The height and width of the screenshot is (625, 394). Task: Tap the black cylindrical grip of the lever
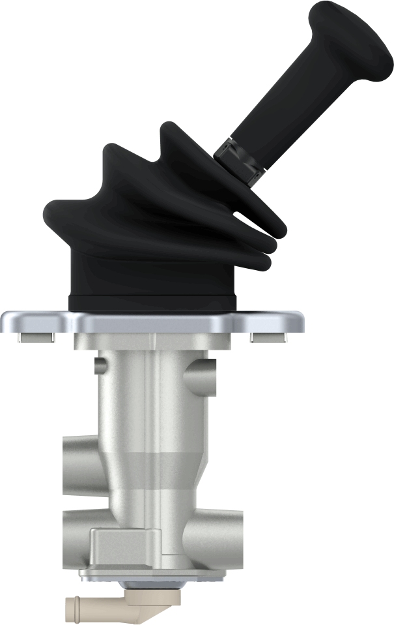click(287, 104)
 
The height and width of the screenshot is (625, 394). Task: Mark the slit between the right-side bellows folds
click(251, 218)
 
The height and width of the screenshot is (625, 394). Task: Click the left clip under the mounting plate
click(36, 337)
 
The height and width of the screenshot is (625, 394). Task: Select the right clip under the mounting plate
click(268, 337)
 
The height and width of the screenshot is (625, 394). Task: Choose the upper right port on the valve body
click(199, 378)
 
